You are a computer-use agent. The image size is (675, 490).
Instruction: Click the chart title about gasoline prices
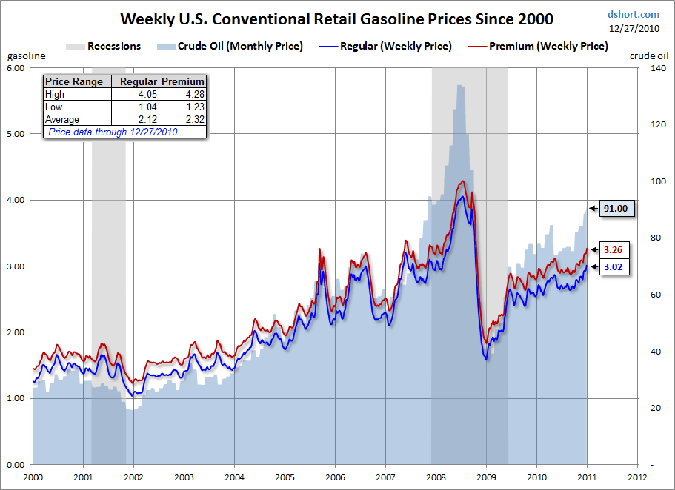point(336,18)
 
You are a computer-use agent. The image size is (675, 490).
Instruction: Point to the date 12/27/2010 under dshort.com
point(634,28)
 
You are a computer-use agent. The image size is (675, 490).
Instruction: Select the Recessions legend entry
point(113,46)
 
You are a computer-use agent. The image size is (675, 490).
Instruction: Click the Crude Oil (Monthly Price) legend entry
point(239,46)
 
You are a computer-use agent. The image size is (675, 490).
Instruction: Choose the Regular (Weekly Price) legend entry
point(396,46)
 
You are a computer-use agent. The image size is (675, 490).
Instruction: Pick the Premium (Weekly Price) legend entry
point(548,46)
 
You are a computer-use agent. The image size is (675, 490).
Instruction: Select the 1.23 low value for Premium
point(194,107)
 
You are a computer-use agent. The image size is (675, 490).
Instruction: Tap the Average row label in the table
point(62,119)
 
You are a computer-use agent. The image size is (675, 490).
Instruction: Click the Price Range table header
point(74,81)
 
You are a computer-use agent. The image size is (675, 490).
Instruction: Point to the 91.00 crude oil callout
point(615,209)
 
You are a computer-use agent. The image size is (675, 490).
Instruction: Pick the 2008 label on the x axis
point(435,477)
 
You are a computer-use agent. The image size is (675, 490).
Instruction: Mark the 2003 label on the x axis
point(184,477)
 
